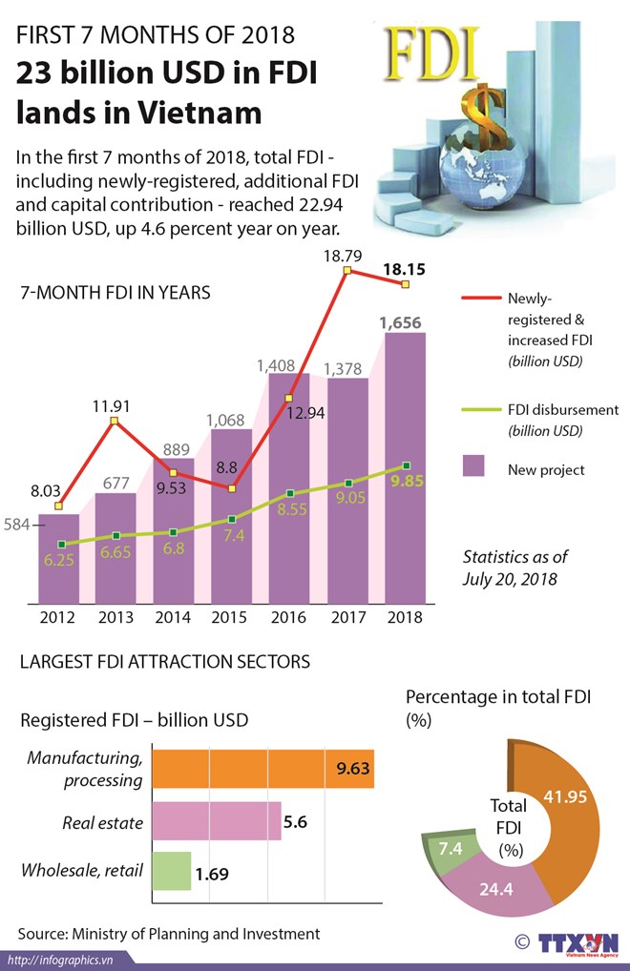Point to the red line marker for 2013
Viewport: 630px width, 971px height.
pyautogui.click(x=114, y=421)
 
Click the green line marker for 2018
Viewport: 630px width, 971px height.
pyautogui.click(x=407, y=466)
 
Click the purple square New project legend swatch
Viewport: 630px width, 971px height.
pyautogui.click(x=472, y=466)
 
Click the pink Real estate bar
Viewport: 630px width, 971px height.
pyautogui.click(x=217, y=820)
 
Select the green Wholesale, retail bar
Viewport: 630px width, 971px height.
pyautogui.click(x=172, y=871)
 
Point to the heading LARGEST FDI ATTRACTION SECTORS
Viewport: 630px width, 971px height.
pyautogui.click(x=165, y=660)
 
